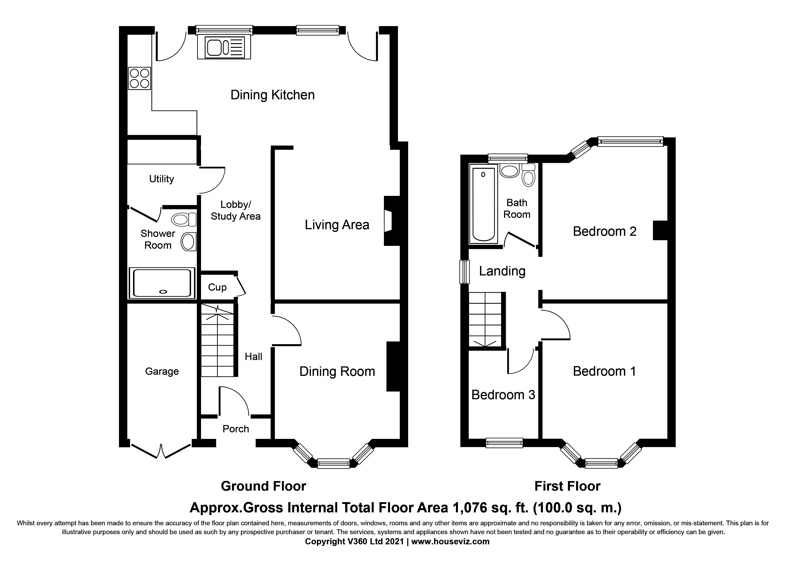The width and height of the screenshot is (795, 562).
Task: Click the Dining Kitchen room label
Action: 272,95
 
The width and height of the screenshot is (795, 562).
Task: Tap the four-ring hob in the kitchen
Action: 140,78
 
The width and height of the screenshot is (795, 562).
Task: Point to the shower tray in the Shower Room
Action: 162,283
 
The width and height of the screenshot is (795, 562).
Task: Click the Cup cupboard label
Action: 217,287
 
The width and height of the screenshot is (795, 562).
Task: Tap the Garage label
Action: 162,371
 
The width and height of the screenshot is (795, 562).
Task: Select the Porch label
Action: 235,429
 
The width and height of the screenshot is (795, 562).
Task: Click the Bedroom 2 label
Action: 604,231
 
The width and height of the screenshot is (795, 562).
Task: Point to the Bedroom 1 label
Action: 604,371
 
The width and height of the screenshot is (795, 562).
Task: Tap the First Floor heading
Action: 567,486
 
